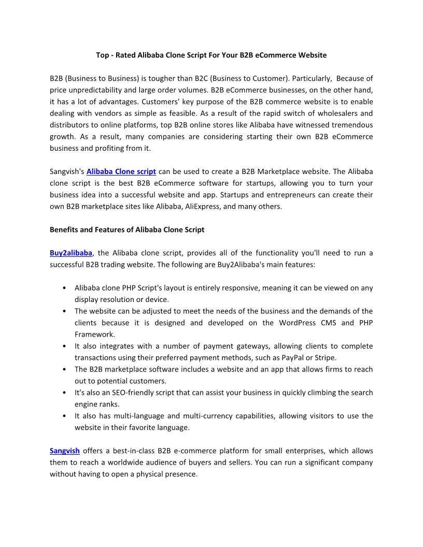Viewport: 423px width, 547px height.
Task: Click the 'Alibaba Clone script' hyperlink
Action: [121, 171]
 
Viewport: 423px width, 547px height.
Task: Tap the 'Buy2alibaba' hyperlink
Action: [71, 253]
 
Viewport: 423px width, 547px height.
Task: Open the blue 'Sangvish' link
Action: [65, 451]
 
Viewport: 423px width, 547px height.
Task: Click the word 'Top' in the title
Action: [102, 55]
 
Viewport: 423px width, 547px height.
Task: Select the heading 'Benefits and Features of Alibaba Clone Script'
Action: [127, 229]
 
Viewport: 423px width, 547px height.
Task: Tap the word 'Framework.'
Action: [95, 334]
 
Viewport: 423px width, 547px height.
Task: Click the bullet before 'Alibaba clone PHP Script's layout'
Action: [63, 288]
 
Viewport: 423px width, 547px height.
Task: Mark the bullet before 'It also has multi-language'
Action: [63, 416]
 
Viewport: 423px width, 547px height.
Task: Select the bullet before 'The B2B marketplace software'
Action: [63, 369]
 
